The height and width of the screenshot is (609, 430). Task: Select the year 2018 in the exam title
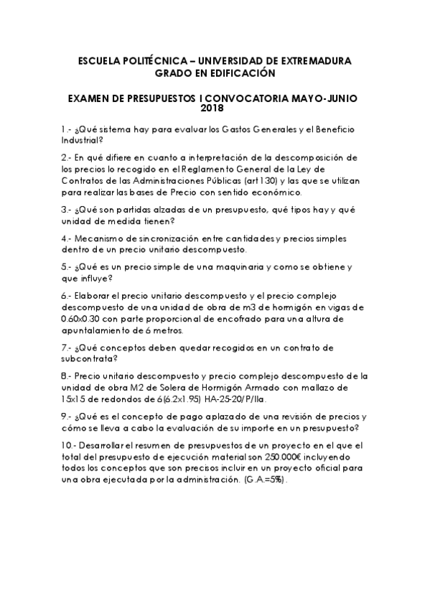point(215,109)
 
